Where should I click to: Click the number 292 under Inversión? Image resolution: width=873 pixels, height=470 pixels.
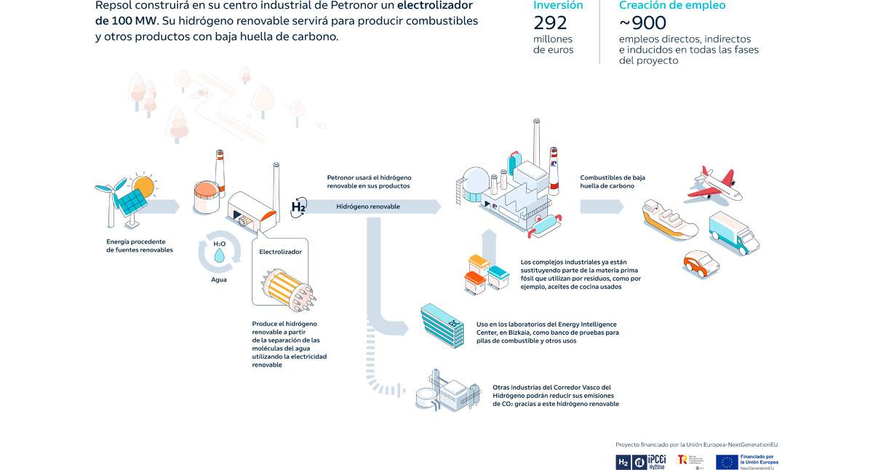pyautogui.click(x=550, y=23)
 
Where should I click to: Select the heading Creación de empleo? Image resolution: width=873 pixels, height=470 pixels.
pyautogui.click(x=671, y=6)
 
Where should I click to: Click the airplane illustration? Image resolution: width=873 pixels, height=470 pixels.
pyautogui.click(x=714, y=184)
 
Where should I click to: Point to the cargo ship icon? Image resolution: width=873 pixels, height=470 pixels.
pyautogui.click(x=669, y=219)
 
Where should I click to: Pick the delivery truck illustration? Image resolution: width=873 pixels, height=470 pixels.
pyautogui.click(x=733, y=233)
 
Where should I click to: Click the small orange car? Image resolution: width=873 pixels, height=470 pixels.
pyautogui.click(x=698, y=265)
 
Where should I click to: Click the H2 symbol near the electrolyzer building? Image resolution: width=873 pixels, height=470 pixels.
pyautogui.click(x=298, y=207)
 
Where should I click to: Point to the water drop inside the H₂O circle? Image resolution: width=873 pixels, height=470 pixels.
pyautogui.click(x=219, y=256)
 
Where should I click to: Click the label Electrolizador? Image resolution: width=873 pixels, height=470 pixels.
pyautogui.click(x=280, y=252)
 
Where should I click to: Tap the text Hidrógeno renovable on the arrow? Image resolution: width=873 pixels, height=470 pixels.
pyautogui.click(x=367, y=207)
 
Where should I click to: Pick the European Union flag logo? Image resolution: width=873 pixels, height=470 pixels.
pyautogui.click(x=727, y=461)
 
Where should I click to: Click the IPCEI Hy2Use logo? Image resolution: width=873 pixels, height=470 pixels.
pyautogui.click(x=650, y=461)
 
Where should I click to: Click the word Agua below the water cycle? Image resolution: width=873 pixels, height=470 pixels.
pyautogui.click(x=219, y=279)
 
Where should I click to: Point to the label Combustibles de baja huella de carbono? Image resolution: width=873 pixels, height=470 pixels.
pyautogui.click(x=612, y=181)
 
